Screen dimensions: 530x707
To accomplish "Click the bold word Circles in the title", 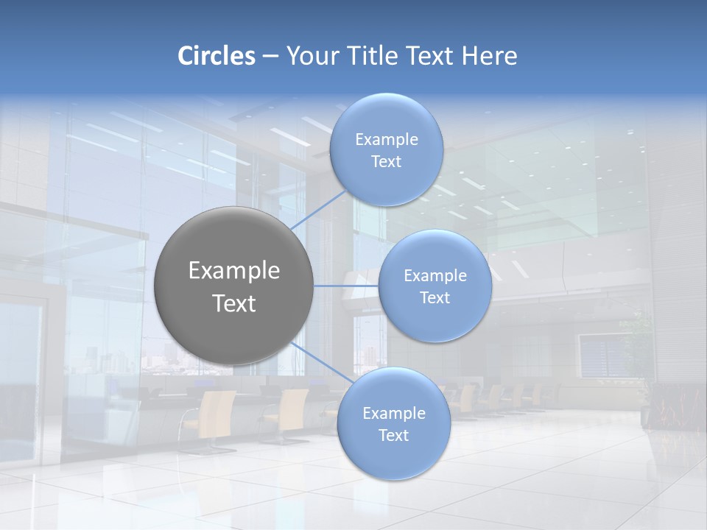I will (217, 56).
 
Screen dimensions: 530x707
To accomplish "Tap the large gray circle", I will (233, 286).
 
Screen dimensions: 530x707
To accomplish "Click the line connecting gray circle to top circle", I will (318, 212).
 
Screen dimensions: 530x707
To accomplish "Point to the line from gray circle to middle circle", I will (346, 286).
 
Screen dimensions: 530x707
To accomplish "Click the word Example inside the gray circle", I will (233, 271).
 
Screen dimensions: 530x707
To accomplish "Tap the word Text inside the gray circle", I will (233, 303).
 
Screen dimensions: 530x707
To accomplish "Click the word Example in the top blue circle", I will (386, 140).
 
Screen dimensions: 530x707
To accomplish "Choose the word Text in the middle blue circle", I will (435, 297).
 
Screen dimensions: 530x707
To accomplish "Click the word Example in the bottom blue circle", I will (393, 414).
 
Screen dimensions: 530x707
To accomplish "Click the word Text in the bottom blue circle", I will (393, 436).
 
